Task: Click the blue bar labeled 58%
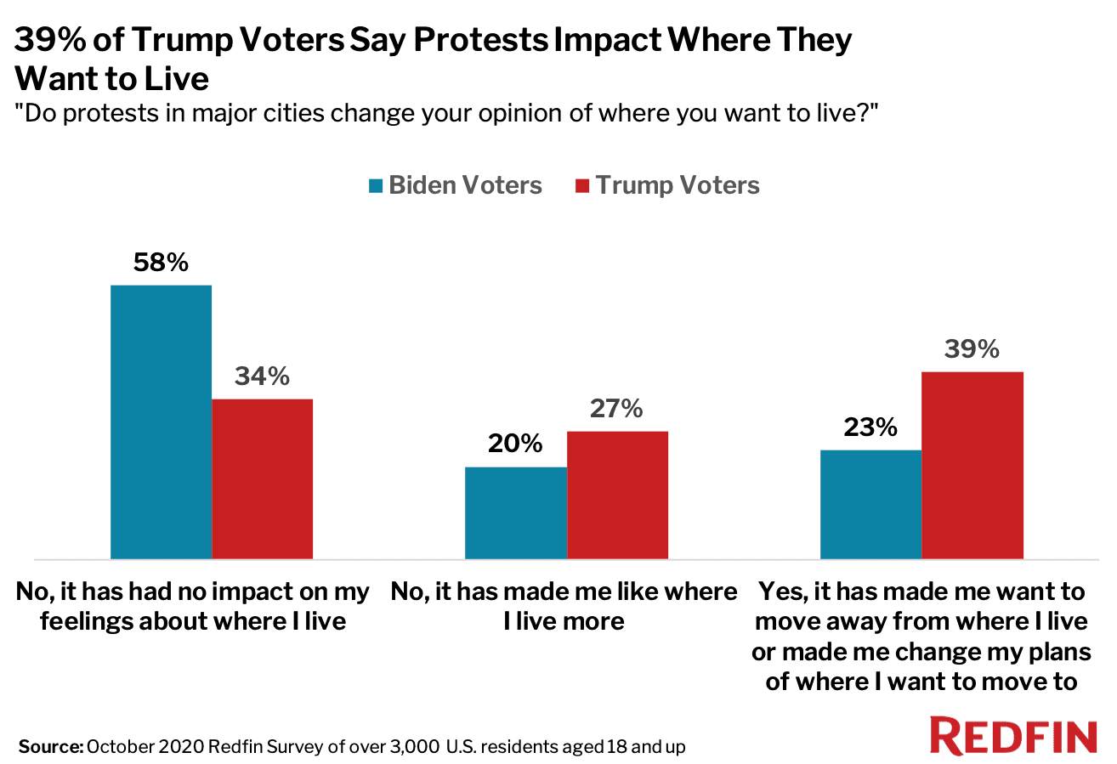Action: coord(162,422)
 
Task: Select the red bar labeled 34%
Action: coord(263,478)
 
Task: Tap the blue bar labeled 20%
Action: coord(516,512)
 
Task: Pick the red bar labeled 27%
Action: coord(617,495)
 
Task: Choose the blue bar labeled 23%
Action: coord(870,504)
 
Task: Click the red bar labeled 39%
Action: coord(972,465)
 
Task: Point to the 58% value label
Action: coord(161,263)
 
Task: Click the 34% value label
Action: coord(262,376)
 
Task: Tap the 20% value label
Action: coord(515,444)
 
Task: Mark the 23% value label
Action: coord(870,427)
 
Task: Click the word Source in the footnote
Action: coord(48,748)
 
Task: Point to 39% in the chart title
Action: coord(49,40)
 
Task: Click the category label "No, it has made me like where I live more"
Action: coord(564,606)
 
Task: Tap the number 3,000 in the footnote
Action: coord(407,748)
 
